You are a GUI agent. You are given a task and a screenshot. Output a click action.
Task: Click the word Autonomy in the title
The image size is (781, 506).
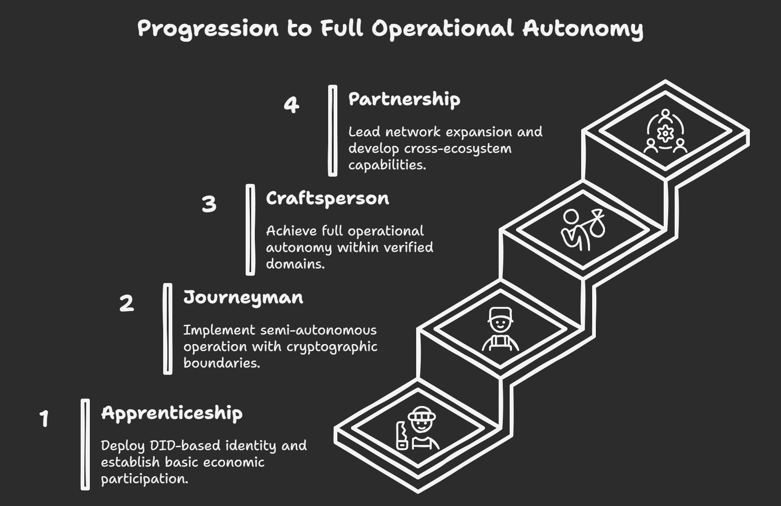(x=583, y=28)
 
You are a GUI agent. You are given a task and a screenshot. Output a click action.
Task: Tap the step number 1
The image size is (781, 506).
(x=44, y=418)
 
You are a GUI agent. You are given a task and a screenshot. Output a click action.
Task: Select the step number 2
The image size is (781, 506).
(x=126, y=303)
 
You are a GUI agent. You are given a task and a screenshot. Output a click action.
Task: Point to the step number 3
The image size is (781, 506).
(x=209, y=204)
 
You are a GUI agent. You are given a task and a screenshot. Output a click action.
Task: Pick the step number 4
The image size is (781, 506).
(x=291, y=105)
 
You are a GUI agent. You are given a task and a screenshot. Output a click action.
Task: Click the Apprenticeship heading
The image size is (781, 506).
(x=172, y=413)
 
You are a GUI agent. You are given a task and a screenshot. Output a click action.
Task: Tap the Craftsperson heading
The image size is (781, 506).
(x=327, y=199)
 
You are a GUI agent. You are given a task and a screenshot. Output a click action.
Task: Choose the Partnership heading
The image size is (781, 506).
(x=404, y=100)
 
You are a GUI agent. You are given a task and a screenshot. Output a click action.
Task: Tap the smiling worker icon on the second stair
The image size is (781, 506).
(x=500, y=329)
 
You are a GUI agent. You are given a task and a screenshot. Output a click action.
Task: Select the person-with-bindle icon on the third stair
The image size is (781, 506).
(x=583, y=229)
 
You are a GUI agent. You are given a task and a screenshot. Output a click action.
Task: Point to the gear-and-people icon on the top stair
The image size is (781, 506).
(x=665, y=131)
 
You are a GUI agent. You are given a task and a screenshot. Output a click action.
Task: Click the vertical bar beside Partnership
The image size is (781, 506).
(x=333, y=131)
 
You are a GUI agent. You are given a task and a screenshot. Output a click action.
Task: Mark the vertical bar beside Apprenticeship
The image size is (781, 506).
(x=85, y=444)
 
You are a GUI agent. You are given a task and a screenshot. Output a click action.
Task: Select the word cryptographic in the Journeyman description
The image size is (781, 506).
(x=332, y=346)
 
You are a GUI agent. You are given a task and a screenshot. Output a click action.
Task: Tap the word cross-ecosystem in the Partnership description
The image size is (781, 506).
(x=458, y=149)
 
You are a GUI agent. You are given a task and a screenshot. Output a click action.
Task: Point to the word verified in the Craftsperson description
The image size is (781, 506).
(x=408, y=247)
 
